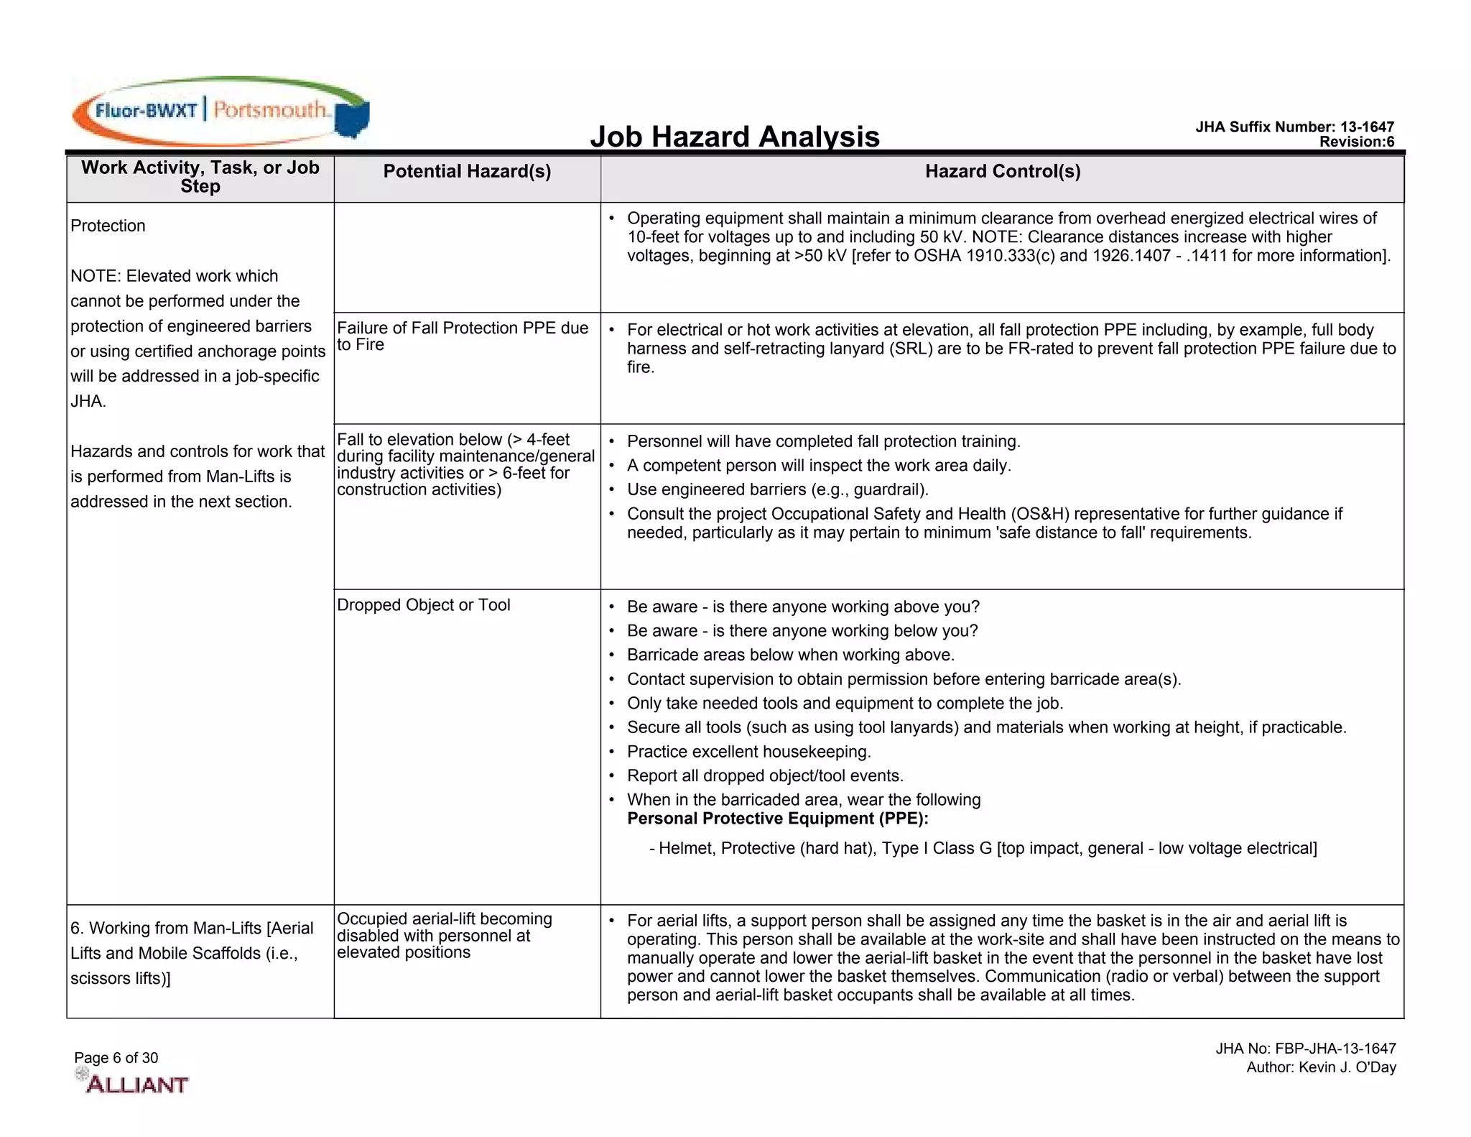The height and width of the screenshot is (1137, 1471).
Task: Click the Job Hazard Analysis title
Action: pos(734,137)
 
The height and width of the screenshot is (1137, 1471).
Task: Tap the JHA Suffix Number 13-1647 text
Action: pos(1294,127)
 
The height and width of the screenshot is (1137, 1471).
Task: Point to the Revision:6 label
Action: pos(1356,142)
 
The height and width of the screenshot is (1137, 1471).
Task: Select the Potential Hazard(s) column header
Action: pos(467,171)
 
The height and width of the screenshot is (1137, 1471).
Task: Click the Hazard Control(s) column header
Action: pos(1002,171)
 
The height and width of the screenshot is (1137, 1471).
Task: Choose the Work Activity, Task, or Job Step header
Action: pos(200,177)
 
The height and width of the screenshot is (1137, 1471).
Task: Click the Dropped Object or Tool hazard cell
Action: pos(423,605)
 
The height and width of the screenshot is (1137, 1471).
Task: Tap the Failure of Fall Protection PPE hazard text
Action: pos(462,336)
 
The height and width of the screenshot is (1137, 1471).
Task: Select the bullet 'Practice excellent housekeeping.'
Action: pos(748,752)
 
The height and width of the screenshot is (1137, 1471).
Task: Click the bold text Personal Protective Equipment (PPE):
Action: pos(777,819)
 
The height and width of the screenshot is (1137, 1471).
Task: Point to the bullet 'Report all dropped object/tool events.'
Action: pos(765,776)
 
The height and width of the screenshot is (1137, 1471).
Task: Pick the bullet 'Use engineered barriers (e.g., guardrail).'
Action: pos(777,489)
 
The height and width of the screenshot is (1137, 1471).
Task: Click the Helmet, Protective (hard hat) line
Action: pos(983,849)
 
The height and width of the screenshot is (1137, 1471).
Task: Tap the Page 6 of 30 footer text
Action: pos(116,1058)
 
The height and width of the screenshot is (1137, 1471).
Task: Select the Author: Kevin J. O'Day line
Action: pos(1320,1067)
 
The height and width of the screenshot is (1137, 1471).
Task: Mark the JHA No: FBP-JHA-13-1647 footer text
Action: pos(1305,1049)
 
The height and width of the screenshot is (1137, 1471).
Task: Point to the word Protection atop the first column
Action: pos(108,226)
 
